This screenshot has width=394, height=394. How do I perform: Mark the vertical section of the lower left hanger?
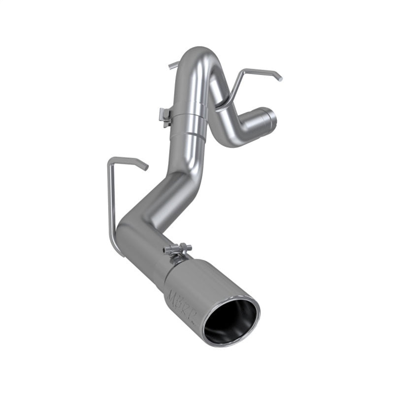[x=111, y=197]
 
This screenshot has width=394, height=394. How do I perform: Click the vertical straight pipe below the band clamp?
[x=190, y=148]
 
